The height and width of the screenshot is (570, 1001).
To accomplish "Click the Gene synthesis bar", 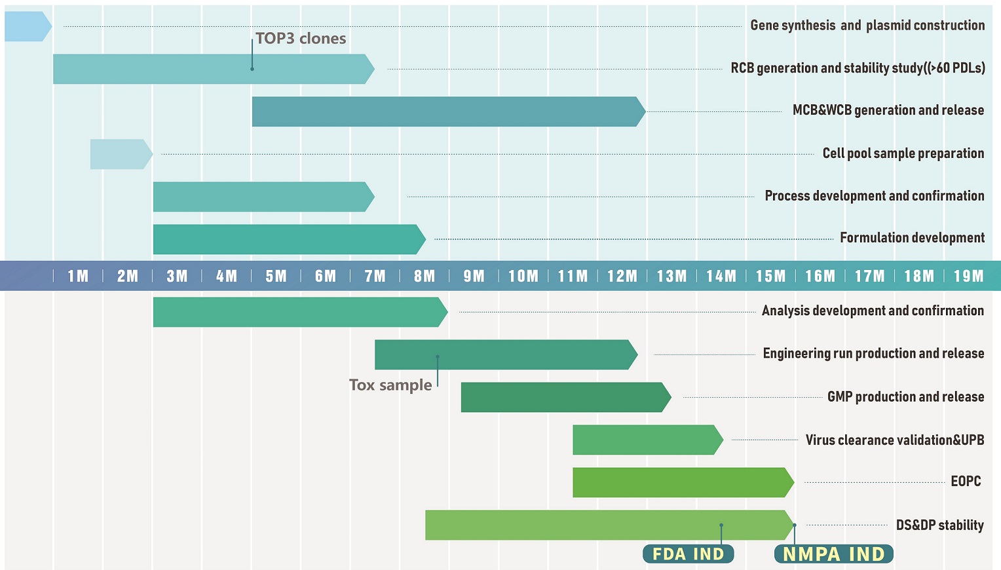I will (x=26, y=26).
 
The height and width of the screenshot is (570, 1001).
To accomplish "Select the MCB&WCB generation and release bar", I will (x=445, y=111).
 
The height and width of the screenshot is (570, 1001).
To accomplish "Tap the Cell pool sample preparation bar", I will (x=120, y=154).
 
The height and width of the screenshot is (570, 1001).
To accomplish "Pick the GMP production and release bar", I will (x=563, y=397).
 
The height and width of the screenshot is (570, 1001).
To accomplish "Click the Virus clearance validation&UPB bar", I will (x=645, y=440).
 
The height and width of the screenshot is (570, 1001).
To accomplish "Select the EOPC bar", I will (x=681, y=482).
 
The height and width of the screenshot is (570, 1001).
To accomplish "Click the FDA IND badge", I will (x=688, y=554).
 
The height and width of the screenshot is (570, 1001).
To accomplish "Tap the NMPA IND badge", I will (x=833, y=554).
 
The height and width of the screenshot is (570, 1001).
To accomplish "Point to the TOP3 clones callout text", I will (x=301, y=39).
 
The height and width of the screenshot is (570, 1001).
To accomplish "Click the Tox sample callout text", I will (x=390, y=385).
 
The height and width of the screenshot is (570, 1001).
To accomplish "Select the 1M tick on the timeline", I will (x=78, y=276).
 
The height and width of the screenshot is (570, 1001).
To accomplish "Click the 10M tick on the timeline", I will (x=523, y=276).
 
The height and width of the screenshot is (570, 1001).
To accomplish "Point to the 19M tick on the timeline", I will (x=969, y=276).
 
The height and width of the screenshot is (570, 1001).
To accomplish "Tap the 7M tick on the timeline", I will (x=375, y=276).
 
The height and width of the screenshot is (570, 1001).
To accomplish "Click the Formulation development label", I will (x=912, y=238).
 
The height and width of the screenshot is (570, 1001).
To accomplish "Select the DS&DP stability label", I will (x=939, y=525).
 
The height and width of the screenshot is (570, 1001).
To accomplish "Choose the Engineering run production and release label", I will (x=873, y=354).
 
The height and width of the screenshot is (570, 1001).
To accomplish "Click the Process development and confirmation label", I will (x=874, y=196).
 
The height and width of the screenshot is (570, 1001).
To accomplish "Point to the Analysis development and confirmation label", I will (x=873, y=311).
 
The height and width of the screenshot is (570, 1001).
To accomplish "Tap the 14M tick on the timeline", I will (x=721, y=276).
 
